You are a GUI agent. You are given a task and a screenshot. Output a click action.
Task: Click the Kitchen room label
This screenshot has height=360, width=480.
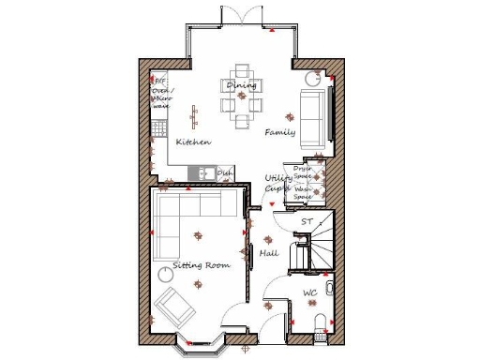point(193,142)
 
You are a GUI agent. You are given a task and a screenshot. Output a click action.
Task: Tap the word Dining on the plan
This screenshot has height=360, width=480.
point(242,85)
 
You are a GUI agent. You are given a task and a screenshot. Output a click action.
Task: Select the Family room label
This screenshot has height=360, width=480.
point(279,132)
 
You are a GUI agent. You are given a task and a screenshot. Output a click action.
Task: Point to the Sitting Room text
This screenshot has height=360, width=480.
point(202,265)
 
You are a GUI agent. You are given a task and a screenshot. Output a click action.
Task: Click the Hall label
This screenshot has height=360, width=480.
point(268,253)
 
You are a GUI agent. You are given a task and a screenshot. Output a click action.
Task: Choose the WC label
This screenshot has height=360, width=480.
point(309,294)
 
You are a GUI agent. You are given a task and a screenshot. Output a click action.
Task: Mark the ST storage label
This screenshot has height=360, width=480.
point(306,221)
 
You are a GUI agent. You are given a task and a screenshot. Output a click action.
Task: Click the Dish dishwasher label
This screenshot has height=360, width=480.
point(225,173)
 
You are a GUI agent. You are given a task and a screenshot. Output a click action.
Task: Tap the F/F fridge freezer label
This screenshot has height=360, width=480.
point(159,82)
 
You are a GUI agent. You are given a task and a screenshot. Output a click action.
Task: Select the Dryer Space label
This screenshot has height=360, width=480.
point(303,173)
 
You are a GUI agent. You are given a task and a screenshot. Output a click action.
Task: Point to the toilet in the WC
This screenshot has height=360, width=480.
point(321,324)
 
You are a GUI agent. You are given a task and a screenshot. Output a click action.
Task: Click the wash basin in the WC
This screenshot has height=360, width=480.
point(330,288)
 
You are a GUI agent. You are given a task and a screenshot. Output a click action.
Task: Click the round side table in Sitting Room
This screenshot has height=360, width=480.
point(166,273)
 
